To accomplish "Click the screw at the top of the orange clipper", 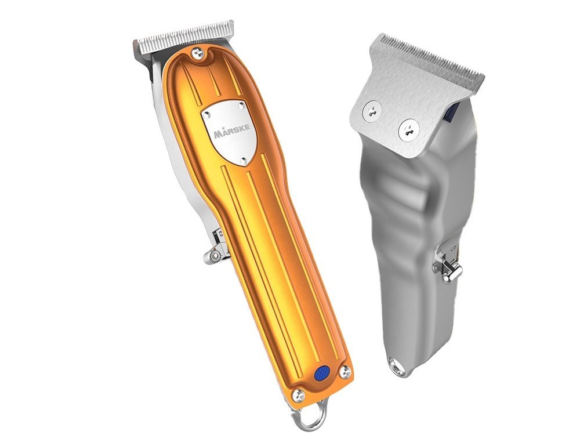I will pos(200,54).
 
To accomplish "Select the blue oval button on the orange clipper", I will pos(321,374).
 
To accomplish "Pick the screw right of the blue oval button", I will pos(346,371).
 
